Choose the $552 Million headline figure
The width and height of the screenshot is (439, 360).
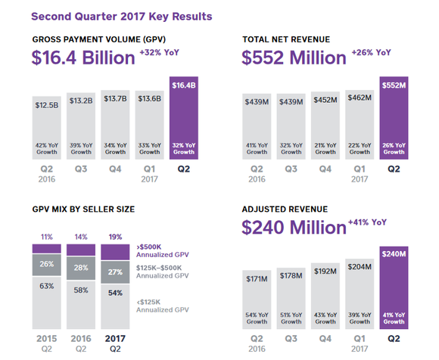[294, 57]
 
